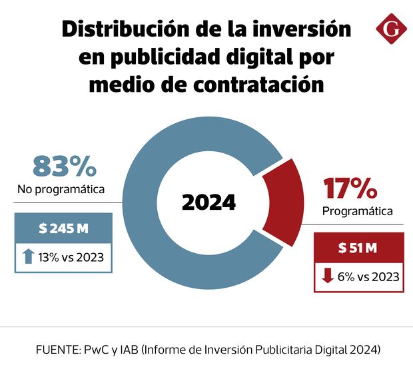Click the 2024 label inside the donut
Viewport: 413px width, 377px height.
pos(208,202)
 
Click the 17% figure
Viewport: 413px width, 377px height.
pos(350,189)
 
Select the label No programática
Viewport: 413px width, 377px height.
pos(61,190)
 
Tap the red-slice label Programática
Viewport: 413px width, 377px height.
pos(357,212)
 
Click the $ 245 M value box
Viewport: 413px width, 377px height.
pos(64,228)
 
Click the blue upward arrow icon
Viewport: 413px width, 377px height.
pos(27,256)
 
